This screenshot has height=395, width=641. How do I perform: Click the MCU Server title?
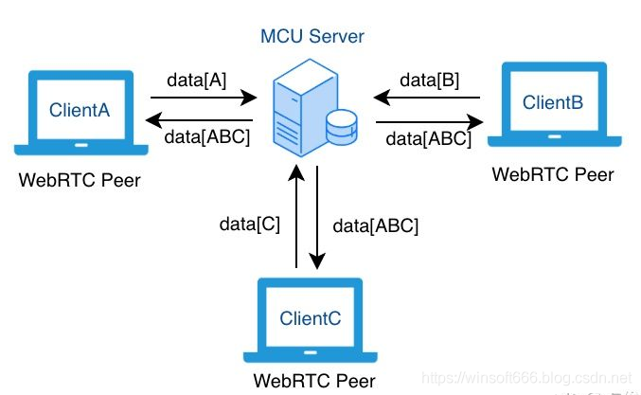pyautogui.click(x=312, y=37)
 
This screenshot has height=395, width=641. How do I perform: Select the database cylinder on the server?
pyautogui.click(x=340, y=124)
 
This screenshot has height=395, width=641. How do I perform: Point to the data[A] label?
pyautogui.click(x=196, y=81)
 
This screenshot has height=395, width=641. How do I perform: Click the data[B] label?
pyautogui.click(x=430, y=81)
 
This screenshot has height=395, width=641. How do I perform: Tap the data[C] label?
pyautogui.click(x=250, y=224)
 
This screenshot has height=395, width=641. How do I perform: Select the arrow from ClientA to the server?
pyautogui.click(x=204, y=97)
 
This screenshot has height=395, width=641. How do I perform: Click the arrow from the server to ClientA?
pyautogui.click(x=204, y=120)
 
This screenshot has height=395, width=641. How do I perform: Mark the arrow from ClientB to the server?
pyautogui.click(x=427, y=97)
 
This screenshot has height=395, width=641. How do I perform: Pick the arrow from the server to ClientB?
pyautogui.click(x=429, y=121)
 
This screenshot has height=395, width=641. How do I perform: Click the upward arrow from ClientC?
pyautogui.click(x=296, y=218)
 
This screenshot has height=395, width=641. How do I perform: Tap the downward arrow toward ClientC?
pyautogui.click(x=319, y=218)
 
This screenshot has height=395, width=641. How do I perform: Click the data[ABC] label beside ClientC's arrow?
pyautogui.click(x=376, y=226)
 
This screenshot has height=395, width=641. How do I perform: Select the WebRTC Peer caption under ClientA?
pyautogui.click(x=80, y=180)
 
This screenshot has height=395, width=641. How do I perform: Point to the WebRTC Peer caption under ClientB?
pyautogui.click(x=553, y=174)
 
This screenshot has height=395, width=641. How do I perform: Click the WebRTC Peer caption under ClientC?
pyautogui.click(x=313, y=382)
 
